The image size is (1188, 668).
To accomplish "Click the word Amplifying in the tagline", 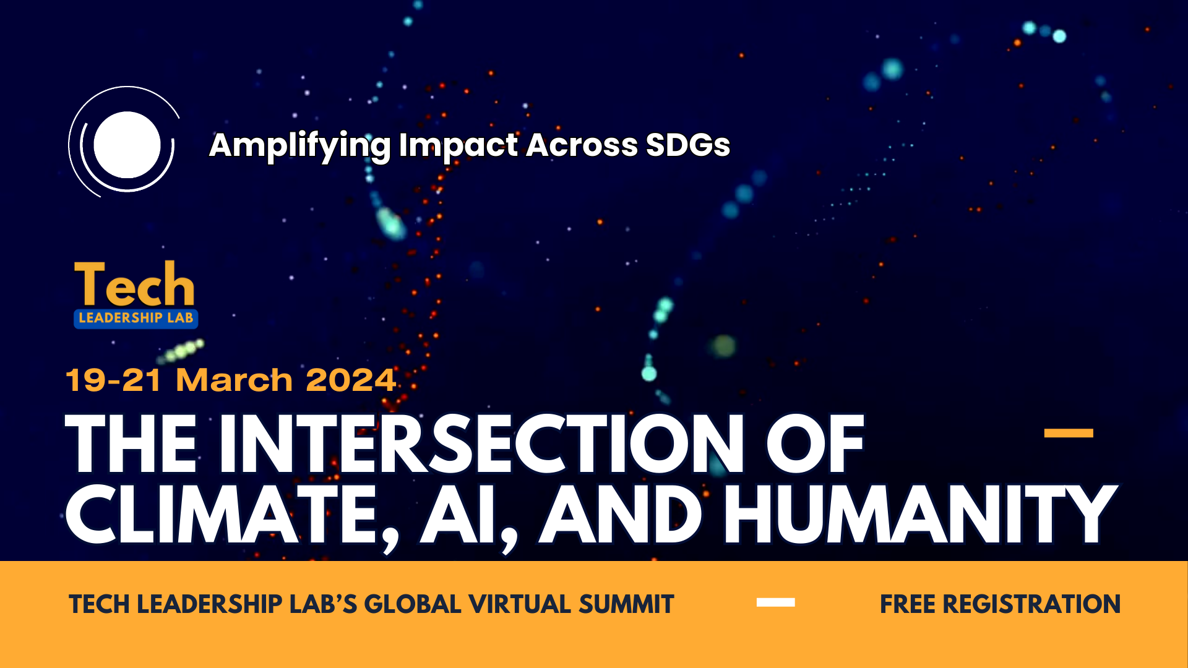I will [299, 146].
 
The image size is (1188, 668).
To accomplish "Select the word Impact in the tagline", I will [458, 146].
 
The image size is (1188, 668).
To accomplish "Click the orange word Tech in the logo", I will [134, 285].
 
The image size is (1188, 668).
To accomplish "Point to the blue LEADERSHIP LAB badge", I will [136, 318].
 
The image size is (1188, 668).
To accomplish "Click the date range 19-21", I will [113, 380].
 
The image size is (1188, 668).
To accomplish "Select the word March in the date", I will [234, 380].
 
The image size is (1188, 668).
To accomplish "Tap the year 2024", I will [350, 380].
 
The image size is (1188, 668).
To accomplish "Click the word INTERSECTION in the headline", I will [481, 443].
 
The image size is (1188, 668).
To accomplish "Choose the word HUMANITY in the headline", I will [919, 515].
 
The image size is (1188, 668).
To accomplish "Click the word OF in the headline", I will [814, 443].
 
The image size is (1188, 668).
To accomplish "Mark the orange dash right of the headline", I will [1068, 433].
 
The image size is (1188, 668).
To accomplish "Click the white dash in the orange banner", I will [775, 602].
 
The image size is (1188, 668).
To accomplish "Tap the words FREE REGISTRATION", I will [1000, 604].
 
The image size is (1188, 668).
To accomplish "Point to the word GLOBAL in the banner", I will [412, 604].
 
